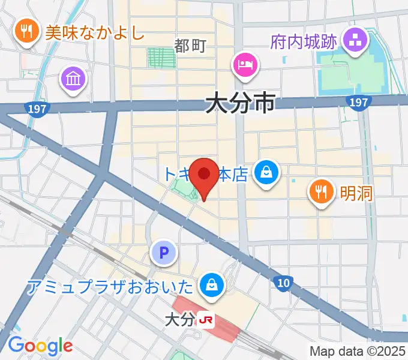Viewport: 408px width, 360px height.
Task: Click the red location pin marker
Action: pyautogui.click(x=205, y=176)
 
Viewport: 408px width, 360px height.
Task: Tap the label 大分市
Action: pyautogui.click(x=240, y=103)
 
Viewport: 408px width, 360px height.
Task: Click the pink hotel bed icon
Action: pyautogui.click(x=245, y=63)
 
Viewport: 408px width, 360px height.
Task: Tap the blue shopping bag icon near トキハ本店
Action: pyautogui.click(x=265, y=173)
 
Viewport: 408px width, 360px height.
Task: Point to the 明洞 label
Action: pyautogui.click(x=356, y=193)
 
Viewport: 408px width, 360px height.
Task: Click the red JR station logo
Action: pyautogui.click(x=206, y=320)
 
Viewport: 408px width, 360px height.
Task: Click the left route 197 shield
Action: pyautogui.click(x=37, y=109)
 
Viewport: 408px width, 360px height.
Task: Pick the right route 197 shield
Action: pyautogui.click(x=358, y=103)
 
